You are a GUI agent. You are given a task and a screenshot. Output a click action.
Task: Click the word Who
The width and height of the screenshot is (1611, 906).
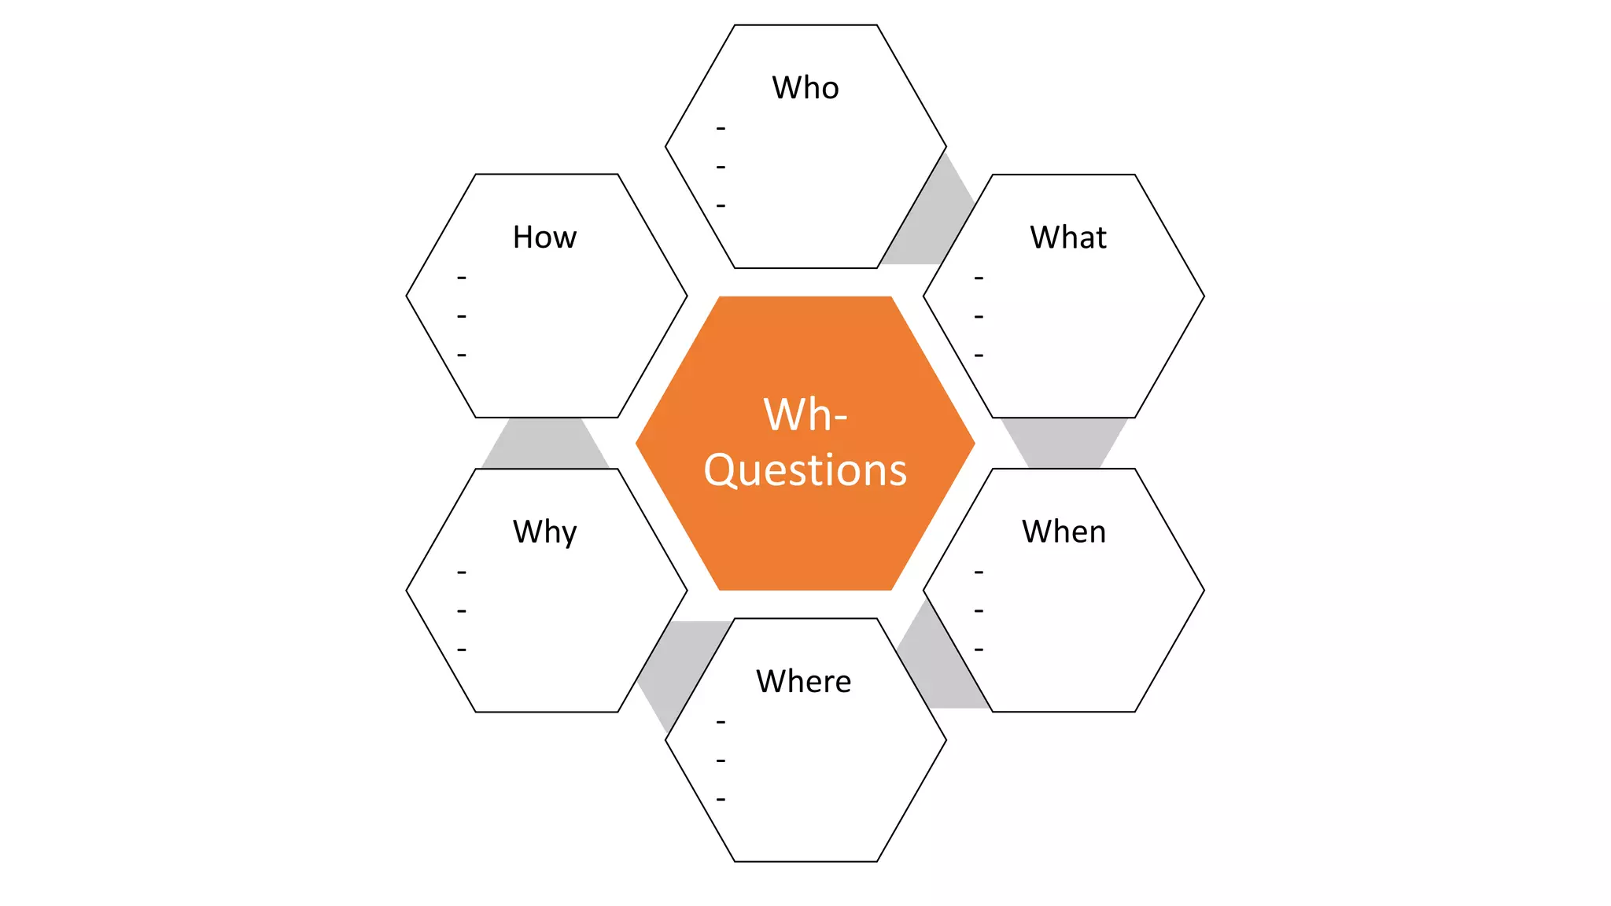tap(805, 87)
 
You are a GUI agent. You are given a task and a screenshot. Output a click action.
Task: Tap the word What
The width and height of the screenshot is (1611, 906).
tap(1067, 237)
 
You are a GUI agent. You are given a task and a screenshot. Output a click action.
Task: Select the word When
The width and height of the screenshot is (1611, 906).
tap(1064, 532)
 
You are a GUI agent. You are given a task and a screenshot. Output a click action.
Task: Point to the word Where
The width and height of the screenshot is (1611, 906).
tap(803, 681)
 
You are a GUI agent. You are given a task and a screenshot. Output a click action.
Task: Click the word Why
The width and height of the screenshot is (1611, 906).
tap(544, 532)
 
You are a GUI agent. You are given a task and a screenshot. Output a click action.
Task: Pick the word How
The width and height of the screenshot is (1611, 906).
tap(544, 237)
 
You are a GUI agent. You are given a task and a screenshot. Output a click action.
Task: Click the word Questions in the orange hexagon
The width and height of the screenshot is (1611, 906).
tap(805, 470)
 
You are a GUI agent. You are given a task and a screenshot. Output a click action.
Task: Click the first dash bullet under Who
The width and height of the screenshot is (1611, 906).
tap(721, 128)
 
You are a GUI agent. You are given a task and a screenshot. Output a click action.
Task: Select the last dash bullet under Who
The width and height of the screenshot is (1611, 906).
tap(721, 206)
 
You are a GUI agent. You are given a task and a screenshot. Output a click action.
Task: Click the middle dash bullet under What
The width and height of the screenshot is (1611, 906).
tap(979, 317)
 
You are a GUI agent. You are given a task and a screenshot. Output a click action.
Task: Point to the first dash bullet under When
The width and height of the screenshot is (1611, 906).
tap(979, 573)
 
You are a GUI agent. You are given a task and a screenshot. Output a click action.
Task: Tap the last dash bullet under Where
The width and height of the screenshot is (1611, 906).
tap(721, 800)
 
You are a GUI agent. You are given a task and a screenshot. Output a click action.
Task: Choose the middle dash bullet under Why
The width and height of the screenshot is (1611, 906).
tap(462, 611)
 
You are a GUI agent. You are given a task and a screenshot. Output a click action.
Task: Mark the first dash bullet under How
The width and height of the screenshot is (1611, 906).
tap(462, 278)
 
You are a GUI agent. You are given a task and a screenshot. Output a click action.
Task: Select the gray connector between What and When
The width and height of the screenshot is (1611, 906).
tap(1064, 443)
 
